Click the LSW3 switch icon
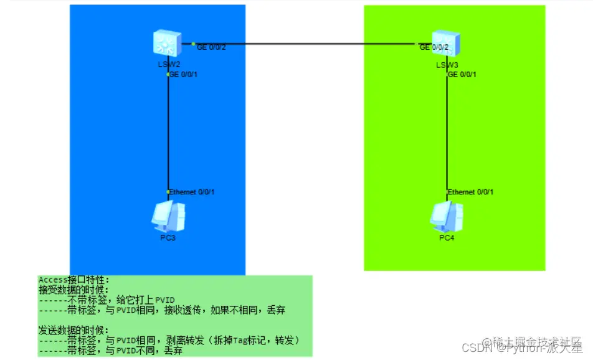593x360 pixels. tap(447, 44)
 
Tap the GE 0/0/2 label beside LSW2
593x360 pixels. tap(211, 48)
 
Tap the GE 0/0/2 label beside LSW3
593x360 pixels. tap(434, 47)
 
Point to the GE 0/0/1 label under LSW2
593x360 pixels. tap(183, 75)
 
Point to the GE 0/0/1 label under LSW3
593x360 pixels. tap(462, 75)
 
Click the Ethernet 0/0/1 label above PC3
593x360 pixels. tap(191, 192)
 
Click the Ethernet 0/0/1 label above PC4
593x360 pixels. tap(470, 192)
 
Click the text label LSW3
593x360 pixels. tap(447, 64)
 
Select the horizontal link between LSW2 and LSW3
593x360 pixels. tap(305, 44)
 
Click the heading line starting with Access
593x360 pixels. tap(74, 280)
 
